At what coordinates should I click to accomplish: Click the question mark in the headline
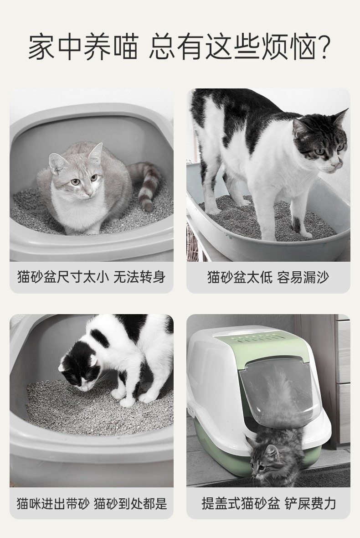pos(323,47)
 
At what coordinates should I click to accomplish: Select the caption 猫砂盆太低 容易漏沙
pos(268,277)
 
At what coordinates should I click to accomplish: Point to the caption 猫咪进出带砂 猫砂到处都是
pos(92,503)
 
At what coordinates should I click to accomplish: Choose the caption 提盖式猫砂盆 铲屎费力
pos(268,503)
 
